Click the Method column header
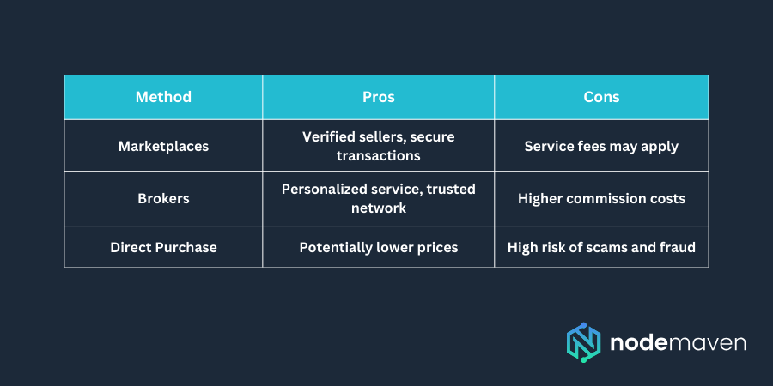(163, 97)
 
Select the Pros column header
(379, 97)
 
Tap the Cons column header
(601, 97)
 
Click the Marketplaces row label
(163, 146)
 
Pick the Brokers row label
(163, 198)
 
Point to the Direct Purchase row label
(163, 247)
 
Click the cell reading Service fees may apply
(601, 146)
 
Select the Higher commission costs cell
(601, 198)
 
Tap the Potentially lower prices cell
(379, 247)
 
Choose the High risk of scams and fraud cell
(601, 247)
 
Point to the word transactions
(379, 156)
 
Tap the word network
(379, 208)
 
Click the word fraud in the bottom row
(676, 247)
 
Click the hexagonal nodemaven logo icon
(583, 343)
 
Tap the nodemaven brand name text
(678, 343)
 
